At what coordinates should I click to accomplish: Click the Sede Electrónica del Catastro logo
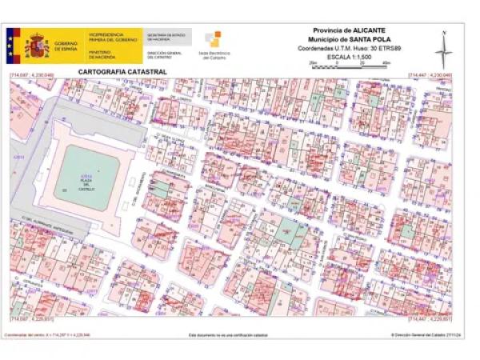(x=212, y=45)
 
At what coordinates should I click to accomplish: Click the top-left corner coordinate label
(x=31, y=75)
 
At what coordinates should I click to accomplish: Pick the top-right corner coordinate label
(x=430, y=75)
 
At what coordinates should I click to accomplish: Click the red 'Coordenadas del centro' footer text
(x=48, y=334)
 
